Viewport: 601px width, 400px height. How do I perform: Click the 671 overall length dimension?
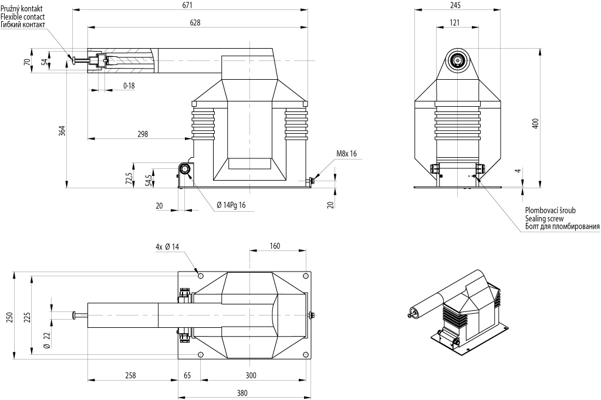coord(187,5)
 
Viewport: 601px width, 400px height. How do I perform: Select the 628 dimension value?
coord(195,23)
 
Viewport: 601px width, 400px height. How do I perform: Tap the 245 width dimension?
coord(455,5)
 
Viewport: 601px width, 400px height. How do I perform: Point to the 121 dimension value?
coord(454,23)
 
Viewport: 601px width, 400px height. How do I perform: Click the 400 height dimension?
coord(536,123)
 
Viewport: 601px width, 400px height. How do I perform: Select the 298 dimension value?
coord(143,134)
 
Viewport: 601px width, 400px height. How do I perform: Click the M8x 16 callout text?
coord(346,154)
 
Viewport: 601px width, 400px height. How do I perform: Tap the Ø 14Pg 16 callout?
coord(231,205)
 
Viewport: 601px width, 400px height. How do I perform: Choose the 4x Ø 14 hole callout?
coord(167,247)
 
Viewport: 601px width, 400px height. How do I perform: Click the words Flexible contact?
coord(23,17)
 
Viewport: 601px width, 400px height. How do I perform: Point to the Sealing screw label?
coord(544,218)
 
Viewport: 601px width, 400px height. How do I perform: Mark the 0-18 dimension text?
coord(129,86)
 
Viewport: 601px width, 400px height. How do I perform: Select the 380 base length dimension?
coord(242,393)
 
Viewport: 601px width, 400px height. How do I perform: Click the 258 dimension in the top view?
coord(130,375)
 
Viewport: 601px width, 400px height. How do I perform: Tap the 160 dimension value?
coord(275,246)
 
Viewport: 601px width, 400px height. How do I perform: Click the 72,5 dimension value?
coord(129,178)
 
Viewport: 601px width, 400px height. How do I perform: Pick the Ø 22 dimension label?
coord(47,340)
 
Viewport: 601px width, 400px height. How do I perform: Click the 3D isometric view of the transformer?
coord(457,313)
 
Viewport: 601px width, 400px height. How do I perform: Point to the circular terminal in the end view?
coord(458,60)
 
